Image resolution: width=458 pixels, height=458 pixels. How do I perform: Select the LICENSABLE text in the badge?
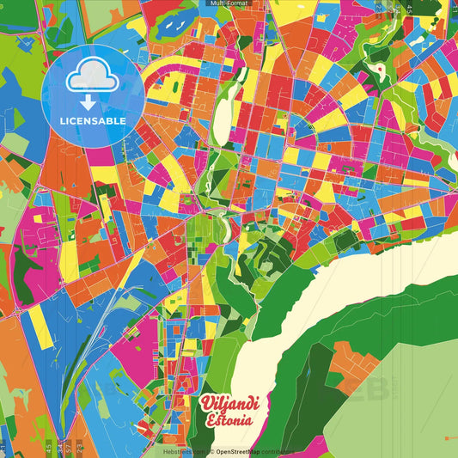[x=92, y=121]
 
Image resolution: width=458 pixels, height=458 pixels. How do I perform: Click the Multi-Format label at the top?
[x=229, y=4]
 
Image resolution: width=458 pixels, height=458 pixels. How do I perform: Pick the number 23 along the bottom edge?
[x=79, y=448]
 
